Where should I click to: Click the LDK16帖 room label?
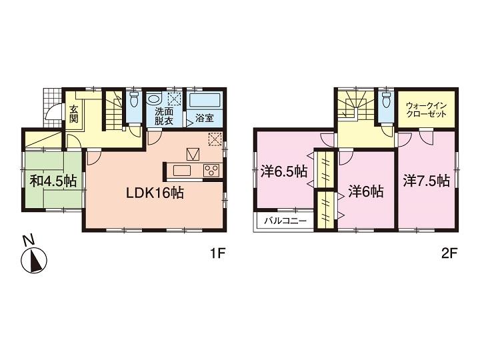(x=156, y=194)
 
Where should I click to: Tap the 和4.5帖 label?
(x=52, y=181)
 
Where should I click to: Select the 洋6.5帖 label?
(x=284, y=171)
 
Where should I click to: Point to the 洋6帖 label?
(x=366, y=191)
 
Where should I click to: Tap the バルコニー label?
(x=280, y=221)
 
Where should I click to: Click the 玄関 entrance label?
(x=74, y=115)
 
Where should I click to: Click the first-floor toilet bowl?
(x=133, y=101)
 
